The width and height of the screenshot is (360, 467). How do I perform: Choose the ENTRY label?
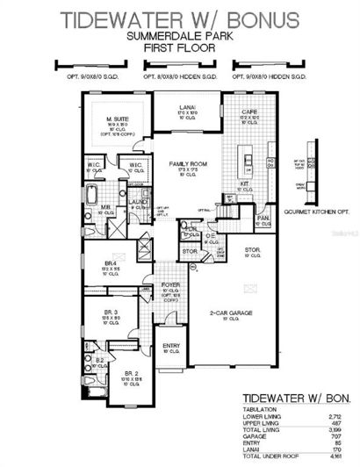[172, 345]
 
